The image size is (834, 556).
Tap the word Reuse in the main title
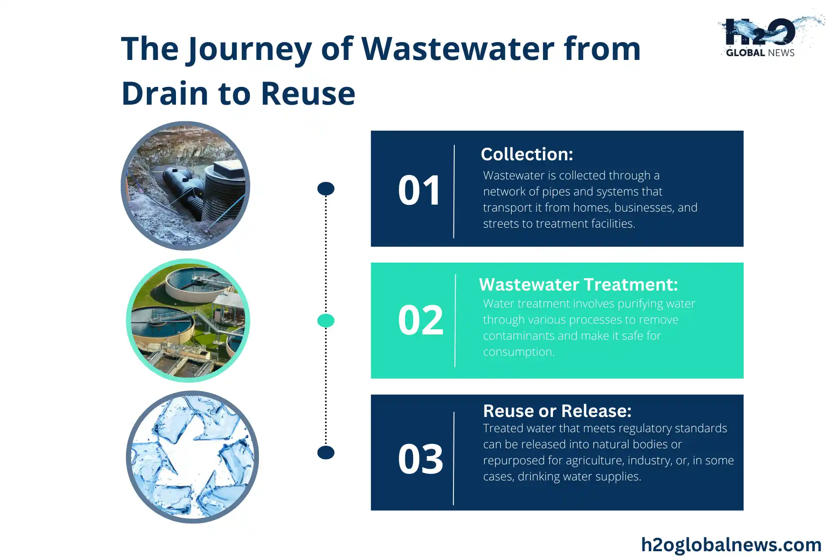click(308, 93)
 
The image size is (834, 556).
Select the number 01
click(420, 190)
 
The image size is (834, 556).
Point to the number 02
click(420, 320)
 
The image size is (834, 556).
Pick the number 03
click(420, 459)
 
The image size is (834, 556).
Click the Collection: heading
click(527, 154)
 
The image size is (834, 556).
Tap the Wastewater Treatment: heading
click(578, 285)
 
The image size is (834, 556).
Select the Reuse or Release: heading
click(557, 411)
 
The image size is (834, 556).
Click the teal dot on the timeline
click(326, 321)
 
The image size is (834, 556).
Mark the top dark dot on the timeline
click(326, 189)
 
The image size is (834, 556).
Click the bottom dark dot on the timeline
click(326, 453)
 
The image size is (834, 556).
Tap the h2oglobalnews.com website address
click(731, 545)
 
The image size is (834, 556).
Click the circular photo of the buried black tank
click(185, 186)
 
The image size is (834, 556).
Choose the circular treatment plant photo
click(188, 321)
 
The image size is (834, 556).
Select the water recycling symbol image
click(192, 457)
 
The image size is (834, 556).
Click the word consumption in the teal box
click(519, 352)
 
